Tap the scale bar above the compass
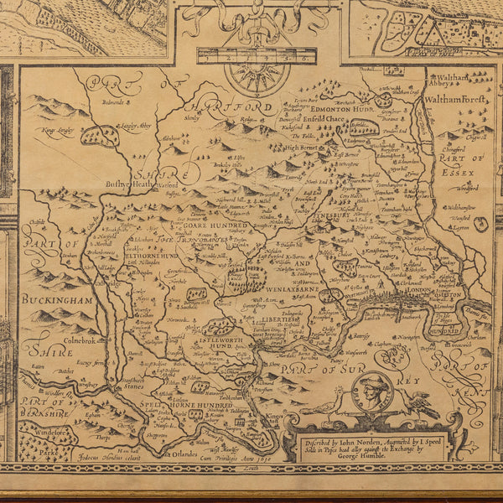[x=257, y=58]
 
